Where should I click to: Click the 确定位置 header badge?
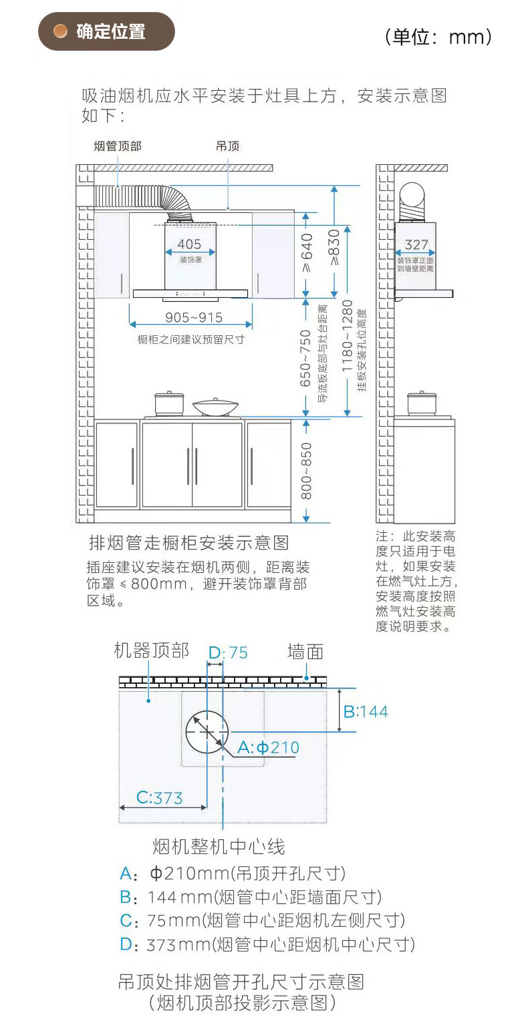[107, 31]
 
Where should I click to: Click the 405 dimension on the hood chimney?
[190, 244]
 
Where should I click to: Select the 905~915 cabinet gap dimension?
[194, 317]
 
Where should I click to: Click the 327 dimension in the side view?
[416, 245]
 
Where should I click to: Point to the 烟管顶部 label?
[118, 146]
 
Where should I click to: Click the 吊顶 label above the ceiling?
[227, 146]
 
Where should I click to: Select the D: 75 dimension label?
[228, 652]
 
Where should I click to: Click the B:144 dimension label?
[366, 711]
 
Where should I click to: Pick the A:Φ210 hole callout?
[269, 747]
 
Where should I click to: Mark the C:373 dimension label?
[160, 797]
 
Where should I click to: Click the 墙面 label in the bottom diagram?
[305, 651]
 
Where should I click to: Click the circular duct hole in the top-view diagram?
[207, 731]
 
